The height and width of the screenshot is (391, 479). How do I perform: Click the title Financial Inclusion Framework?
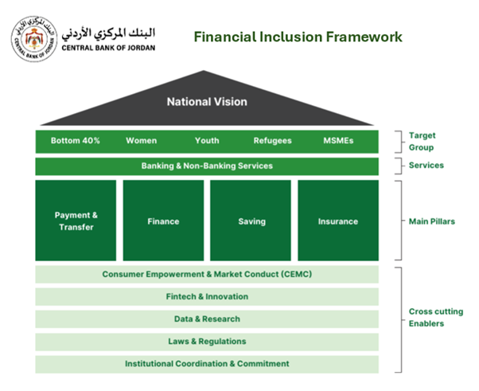tap(298, 37)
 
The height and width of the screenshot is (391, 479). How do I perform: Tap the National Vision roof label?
tap(206, 102)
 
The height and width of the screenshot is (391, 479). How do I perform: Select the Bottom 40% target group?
tap(76, 141)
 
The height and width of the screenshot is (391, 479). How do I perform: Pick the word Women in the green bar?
tap(141, 141)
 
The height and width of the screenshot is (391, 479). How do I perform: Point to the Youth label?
tap(207, 141)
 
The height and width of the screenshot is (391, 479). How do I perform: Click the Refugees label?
tap(272, 141)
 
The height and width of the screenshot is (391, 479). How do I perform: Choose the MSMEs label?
tap(338, 141)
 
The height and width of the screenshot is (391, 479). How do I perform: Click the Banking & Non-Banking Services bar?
tap(207, 166)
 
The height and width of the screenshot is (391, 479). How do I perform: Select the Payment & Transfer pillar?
tap(76, 221)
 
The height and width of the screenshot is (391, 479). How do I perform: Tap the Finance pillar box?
tap(163, 221)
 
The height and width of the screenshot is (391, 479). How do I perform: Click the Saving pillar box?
tap(251, 221)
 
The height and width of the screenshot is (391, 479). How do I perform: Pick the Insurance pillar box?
tap(338, 221)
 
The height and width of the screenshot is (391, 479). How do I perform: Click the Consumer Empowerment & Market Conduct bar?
tap(207, 275)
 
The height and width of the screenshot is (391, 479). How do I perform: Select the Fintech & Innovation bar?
tap(207, 297)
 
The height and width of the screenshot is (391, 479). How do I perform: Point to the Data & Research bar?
tap(207, 319)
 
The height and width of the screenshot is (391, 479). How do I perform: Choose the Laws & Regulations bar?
tap(207, 342)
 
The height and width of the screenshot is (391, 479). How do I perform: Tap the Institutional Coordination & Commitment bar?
tap(207, 364)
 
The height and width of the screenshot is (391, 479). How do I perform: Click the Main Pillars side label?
tap(432, 221)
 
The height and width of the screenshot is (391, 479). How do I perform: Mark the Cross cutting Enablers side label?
tap(435, 318)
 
